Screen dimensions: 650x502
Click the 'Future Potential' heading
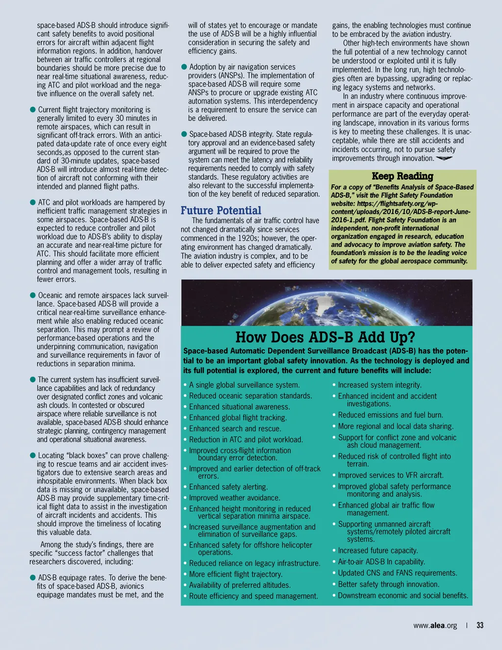(221, 210)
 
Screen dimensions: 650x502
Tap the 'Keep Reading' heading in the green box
(402, 176)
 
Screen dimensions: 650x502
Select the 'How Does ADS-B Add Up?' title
(325, 338)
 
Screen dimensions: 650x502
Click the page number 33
(480, 625)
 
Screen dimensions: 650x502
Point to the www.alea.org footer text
(435, 625)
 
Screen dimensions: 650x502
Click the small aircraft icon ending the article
(444, 158)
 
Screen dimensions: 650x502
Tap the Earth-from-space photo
(326, 302)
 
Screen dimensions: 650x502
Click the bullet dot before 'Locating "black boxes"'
(33, 455)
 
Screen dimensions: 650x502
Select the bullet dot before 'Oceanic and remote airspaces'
(33, 295)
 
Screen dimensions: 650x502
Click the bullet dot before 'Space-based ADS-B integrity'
(184, 134)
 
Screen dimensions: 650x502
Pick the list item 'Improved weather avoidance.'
(235, 498)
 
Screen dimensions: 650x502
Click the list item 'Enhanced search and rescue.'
(238, 429)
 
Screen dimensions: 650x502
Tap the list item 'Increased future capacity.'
(378, 551)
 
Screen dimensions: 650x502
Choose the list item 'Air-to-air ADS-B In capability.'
(381, 562)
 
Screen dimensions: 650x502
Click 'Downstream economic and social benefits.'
(403, 596)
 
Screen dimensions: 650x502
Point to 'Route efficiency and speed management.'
(253, 597)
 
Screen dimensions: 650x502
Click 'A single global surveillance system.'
(244, 385)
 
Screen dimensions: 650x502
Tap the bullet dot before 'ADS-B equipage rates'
(33, 578)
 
